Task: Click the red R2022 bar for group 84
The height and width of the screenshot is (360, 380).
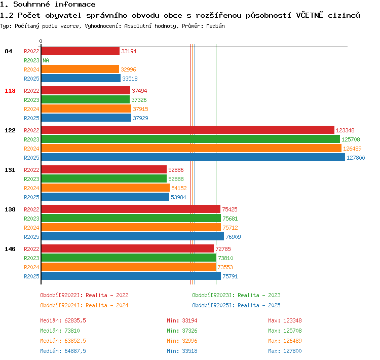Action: (x=81, y=51)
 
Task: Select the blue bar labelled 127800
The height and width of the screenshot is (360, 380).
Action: (x=193, y=158)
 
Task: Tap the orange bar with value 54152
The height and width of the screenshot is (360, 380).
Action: (x=106, y=188)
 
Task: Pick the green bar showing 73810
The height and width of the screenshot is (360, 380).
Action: (x=129, y=258)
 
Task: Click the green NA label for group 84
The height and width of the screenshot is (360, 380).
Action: (x=46, y=60)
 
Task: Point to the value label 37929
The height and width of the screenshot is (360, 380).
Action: (x=140, y=118)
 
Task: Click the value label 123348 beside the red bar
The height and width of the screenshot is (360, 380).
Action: (x=345, y=130)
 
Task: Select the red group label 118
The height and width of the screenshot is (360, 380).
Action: (x=10, y=91)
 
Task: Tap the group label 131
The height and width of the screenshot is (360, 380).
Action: (x=10, y=170)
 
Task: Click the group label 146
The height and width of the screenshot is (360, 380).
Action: (x=10, y=249)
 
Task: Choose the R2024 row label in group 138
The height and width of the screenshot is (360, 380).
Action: (x=31, y=228)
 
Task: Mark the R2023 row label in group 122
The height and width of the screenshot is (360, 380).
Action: (x=31, y=139)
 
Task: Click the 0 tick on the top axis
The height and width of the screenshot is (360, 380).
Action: (x=41, y=41)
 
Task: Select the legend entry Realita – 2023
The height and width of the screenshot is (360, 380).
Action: (x=259, y=295)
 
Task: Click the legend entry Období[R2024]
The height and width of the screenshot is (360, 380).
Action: (x=61, y=305)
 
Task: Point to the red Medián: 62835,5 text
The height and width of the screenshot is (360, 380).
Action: (x=63, y=320)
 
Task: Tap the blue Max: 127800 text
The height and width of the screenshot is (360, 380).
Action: (x=285, y=351)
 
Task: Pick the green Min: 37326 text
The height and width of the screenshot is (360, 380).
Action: (x=182, y=331)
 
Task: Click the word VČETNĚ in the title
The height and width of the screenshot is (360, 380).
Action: (x=310, y=15)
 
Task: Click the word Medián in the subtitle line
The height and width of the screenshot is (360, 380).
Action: (x=215, y=26)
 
